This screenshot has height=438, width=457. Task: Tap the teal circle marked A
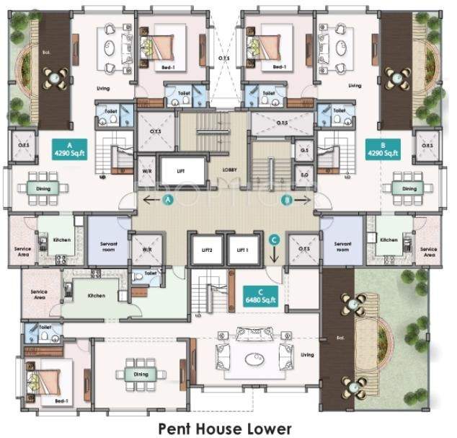pyautogui.click(x=169, y=198)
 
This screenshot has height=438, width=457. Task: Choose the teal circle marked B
pyautogui.click(x=287, y=198)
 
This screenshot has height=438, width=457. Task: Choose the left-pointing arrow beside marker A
pyautogui.click(x=150, y=198)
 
